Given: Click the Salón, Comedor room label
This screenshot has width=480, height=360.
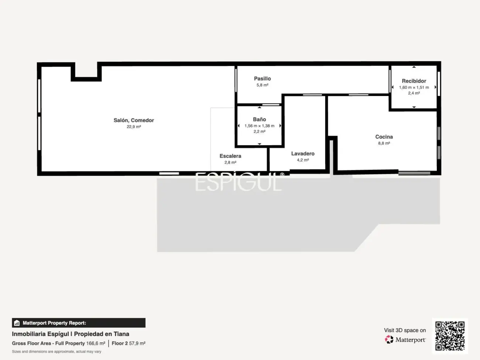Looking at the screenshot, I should point(134,120).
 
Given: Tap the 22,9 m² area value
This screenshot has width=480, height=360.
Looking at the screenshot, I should point(134,127).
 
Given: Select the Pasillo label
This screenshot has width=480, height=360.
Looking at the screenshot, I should point(262,79).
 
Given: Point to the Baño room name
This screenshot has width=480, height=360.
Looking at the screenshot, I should point(259,119).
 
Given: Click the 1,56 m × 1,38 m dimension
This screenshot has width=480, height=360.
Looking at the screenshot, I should point(259,126).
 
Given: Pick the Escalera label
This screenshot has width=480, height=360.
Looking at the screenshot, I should point(230,156).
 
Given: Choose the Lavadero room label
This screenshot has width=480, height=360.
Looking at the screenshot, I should point(303,154).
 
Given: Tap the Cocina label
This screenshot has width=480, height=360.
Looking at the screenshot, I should point(384,137).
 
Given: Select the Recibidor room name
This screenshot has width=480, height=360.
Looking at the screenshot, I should point(414,81).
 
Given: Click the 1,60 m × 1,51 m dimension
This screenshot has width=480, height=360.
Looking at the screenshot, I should point(414,88).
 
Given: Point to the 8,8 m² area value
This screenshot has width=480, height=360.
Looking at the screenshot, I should point(384,143).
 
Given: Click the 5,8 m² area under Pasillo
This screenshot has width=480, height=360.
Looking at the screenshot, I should point(262,85).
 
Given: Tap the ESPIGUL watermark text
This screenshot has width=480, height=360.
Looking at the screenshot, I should point(239,182).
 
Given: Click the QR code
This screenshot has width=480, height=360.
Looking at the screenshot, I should point(450,336).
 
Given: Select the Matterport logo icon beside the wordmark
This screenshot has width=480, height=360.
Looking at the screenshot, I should point(389,339).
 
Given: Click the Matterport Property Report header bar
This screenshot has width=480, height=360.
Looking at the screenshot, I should point(79,323).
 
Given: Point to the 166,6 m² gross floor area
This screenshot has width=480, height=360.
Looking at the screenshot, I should point(96,343).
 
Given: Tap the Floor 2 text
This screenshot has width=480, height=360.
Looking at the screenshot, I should point(120,343).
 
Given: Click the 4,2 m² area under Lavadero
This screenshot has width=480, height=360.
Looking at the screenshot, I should point(303,160).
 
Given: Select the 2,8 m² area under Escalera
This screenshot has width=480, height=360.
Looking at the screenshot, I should point(230,162).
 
